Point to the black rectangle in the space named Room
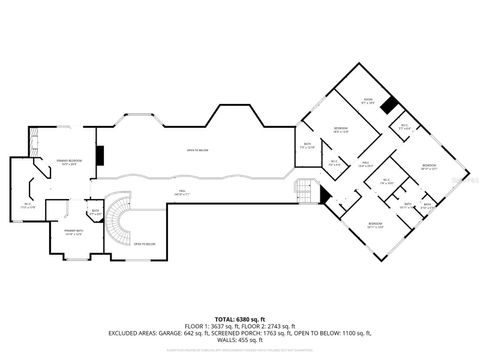click(388, 104)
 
